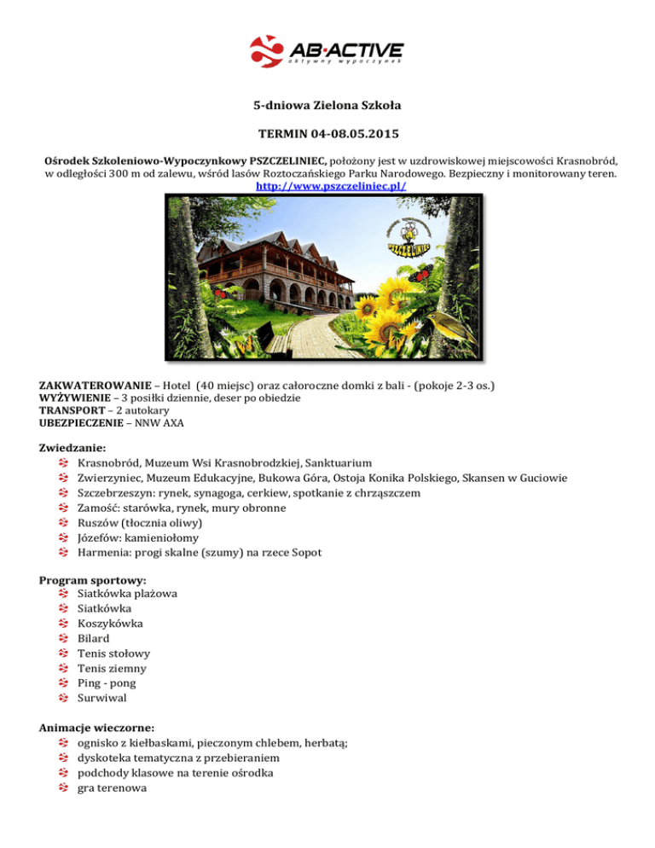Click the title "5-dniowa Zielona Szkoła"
tap(327, 107)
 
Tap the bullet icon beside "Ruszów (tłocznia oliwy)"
tap(63, 523)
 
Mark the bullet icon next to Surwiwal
tap(63, 699)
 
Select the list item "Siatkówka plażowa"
tap(127, 593)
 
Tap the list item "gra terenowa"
tap(111, 788)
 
